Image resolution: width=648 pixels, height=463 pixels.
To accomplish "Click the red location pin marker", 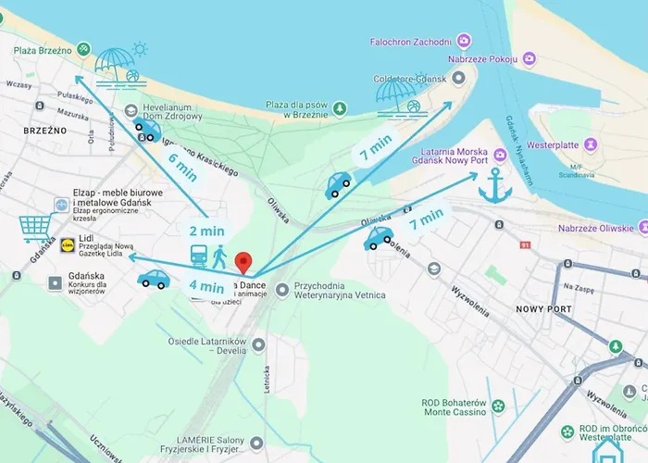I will click(243, 262).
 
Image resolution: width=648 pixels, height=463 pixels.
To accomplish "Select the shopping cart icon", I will click(34, 227).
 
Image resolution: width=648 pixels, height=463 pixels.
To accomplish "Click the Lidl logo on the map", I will click(68, 246).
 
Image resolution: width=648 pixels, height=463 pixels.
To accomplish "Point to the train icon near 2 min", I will click(199, 255).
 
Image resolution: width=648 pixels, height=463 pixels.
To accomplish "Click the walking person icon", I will click(219, 256).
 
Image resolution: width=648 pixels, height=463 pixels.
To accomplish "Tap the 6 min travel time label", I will click(182, 166).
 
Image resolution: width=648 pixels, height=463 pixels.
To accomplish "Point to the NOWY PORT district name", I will click(545, 309).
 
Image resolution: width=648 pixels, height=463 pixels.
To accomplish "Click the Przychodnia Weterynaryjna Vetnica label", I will click(339, 290).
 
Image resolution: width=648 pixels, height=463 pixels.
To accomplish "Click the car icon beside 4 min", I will click(153, 278).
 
